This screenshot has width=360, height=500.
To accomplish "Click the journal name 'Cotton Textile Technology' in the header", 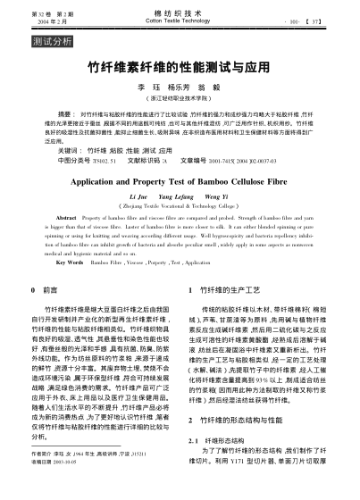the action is tap(180, 22).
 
